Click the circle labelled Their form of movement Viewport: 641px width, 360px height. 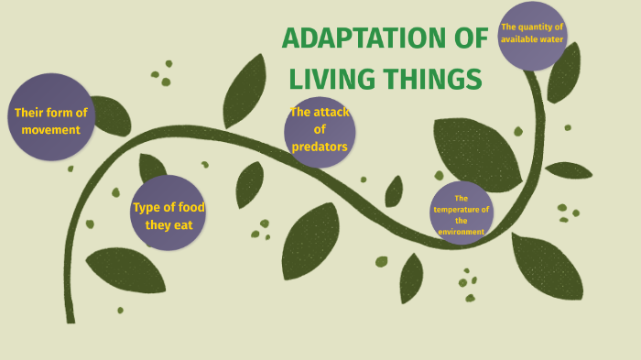click(x=52, y=117)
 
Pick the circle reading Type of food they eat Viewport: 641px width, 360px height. click(x=168, y=213)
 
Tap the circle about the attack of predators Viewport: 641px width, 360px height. click(x=320, y=131)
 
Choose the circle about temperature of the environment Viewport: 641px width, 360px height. click(x=461, y=214)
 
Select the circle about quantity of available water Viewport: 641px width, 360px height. click(x=532, y=37)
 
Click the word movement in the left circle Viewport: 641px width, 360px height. click(x=52, y=129)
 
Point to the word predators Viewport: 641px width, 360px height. click(x=320, y=147)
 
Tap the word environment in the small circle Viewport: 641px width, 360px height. click(x=461, y=232)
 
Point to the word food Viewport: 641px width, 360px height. click(x=187, y=207)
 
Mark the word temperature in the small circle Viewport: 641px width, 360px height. click(x=461, y=209)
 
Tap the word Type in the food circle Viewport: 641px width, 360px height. click(x=147, y=207)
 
